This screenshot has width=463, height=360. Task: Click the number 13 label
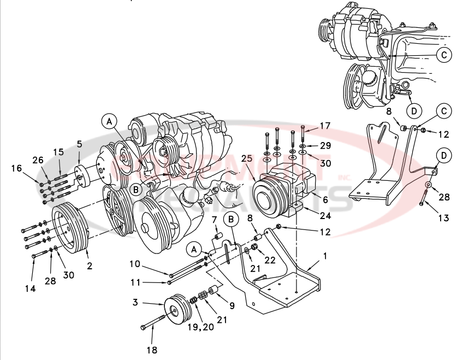(443, 218)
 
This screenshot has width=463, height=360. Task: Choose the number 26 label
(37, 160)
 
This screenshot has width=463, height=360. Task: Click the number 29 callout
(325, 146)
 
